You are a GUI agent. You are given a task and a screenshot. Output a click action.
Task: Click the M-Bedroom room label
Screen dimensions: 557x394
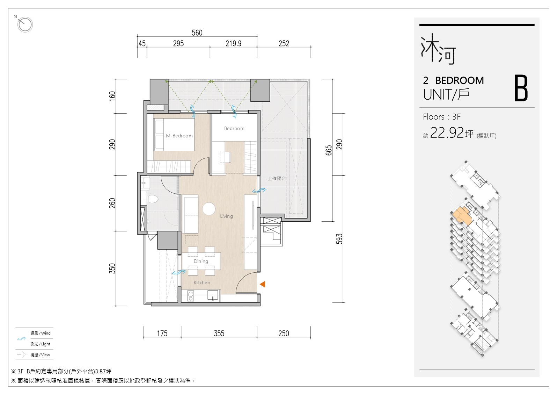pos(179,136)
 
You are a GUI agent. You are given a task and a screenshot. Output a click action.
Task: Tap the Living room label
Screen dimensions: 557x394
pos(226,216)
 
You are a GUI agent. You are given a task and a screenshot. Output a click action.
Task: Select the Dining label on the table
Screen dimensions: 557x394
pos(201,261)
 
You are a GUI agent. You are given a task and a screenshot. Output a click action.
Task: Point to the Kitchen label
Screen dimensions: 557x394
pos(202,282)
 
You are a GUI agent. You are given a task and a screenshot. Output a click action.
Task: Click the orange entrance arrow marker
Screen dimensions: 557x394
pos(263,284)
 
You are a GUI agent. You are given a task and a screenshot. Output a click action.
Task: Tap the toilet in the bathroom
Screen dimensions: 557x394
pos(153,199)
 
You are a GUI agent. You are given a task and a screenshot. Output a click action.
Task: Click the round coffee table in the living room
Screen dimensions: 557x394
pos(208,209)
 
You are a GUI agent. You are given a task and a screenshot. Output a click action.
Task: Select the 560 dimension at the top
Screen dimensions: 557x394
pos(197,33)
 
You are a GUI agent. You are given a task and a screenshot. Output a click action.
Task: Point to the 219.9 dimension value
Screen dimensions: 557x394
pos(233,44)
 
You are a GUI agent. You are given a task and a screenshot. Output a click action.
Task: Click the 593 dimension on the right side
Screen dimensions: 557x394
pos(339,239)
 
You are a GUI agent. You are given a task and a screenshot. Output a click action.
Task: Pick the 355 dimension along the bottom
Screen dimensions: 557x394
pos(219,334)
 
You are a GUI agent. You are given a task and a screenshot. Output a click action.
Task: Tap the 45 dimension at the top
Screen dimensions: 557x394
pos(142,44)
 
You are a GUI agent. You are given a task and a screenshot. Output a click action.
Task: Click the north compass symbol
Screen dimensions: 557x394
pos(25,24)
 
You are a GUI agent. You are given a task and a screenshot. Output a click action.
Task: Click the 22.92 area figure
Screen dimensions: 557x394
pos(447,132)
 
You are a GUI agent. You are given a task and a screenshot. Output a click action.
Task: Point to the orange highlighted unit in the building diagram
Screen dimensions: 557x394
pos(462,216)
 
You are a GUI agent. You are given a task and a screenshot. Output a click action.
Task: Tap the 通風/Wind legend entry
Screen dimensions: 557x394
pos(40,333)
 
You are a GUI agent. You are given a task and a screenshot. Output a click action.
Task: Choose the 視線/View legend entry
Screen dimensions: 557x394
pos(40,355)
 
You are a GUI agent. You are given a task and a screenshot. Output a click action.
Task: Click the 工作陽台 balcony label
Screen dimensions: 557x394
pos(277,178)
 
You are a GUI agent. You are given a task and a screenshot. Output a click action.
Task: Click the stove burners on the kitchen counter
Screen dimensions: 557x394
pos(190,296)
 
